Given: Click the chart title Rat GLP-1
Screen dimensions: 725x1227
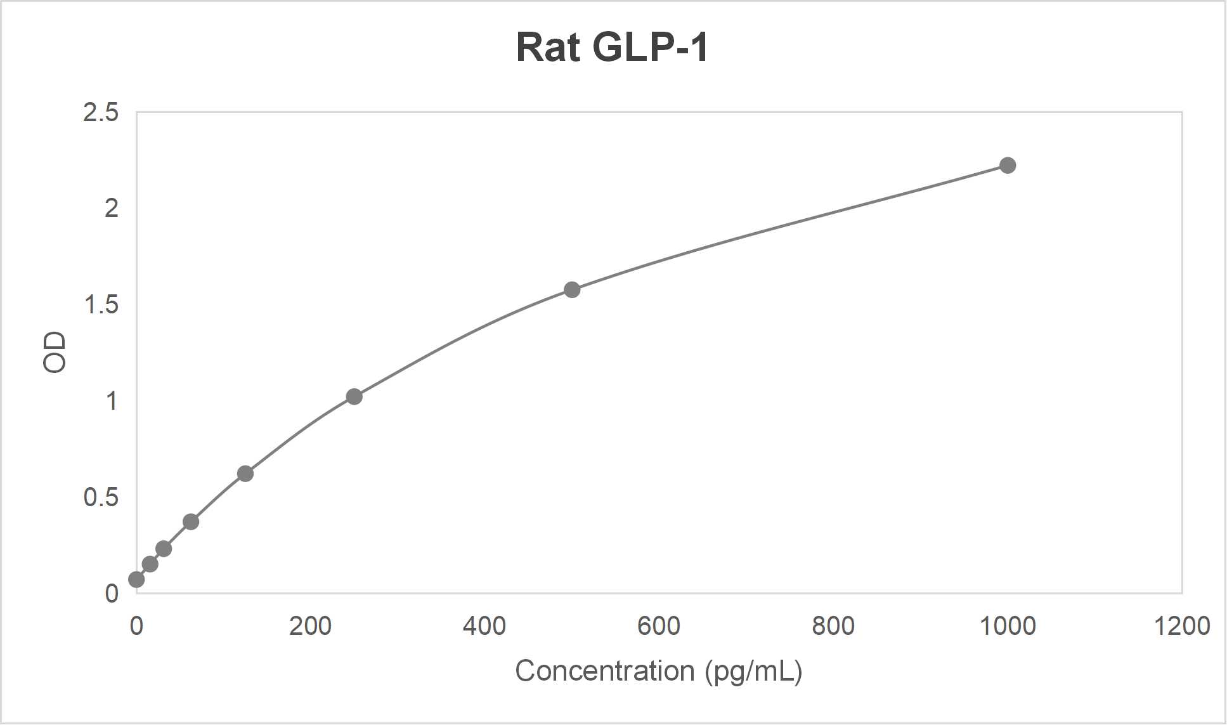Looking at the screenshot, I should pyautogui.click(x=612, y=47).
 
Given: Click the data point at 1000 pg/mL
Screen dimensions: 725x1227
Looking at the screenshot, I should pyautogui.click(x=1008, y=166).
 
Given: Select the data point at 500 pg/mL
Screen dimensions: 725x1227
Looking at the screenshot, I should pyautogui.click(x=572, y=290).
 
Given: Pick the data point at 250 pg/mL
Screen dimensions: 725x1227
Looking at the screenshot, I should pyautogui.click(x=354, y=397).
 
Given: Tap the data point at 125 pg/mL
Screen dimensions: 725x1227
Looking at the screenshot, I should pyautogui.click(x=245, y=474).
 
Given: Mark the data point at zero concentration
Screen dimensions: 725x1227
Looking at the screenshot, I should pyautogui.click(x=136, y=580).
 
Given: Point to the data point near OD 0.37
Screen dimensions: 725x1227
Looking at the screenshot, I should pyautogui.click(x=191, y=522).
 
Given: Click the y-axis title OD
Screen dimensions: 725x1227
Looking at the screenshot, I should pyautogui.click(x=55, y=353).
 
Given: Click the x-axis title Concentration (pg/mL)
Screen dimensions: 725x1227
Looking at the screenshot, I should pyautogui.click(x=658, y=671).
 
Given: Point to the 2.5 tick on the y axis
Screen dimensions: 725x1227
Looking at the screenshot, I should pyautogui.click(x=101, y=112).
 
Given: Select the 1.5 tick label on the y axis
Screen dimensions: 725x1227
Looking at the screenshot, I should pyautogui.click(x=101, y=305).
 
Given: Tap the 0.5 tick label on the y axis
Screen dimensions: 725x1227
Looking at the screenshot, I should pyautogui.click(x=101, y=497).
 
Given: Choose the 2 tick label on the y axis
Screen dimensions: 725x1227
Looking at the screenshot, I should pyautogui.click(x=112, y=208).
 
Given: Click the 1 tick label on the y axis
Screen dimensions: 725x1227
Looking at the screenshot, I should pyautogui.click(x=112, y=401).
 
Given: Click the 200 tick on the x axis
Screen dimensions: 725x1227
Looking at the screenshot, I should pyautogui.click(x=310, y=626).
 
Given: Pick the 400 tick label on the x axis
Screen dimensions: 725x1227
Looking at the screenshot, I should pyautogui.click(x=484, y=626).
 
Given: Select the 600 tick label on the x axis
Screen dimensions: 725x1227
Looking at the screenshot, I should pyautogui.click(x=659, y=626).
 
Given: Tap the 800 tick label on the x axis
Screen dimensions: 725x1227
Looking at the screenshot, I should pyautogui.click(x=833, y=626).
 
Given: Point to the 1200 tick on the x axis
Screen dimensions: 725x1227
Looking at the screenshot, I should pyautogui.click(x=1182, y=626).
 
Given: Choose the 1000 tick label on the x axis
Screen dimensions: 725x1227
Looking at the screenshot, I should pyautogui.click(x=1008, y=626).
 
